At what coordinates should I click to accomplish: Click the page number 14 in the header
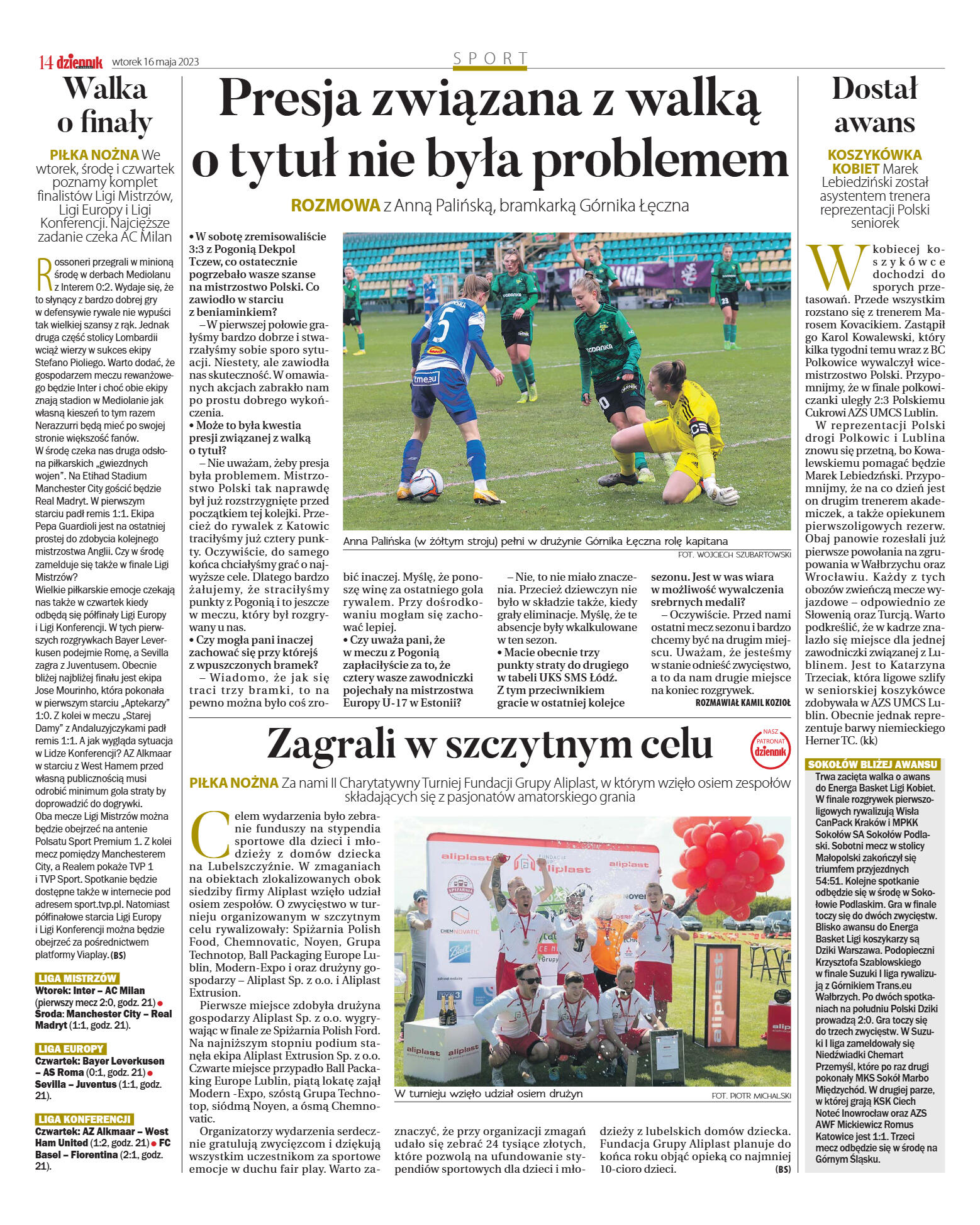pos(45,62)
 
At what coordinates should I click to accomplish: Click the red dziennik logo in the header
pos(79,62)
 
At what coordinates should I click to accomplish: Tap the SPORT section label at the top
pos(490,59)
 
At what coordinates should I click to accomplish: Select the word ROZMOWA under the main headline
pos(335,205)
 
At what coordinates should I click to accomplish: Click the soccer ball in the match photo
pos(426,484)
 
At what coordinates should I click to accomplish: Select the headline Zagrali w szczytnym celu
pos(489,745)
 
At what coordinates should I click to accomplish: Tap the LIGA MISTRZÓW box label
pos(77,978)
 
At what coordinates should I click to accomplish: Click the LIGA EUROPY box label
pos(70,1049)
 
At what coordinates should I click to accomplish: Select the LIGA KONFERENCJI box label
pos(84,1119)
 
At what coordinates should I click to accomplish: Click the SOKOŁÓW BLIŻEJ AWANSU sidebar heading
pos(872,764)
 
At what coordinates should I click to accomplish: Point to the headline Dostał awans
pos(874,105)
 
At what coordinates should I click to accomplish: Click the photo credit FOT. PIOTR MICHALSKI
pos(750,1095)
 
